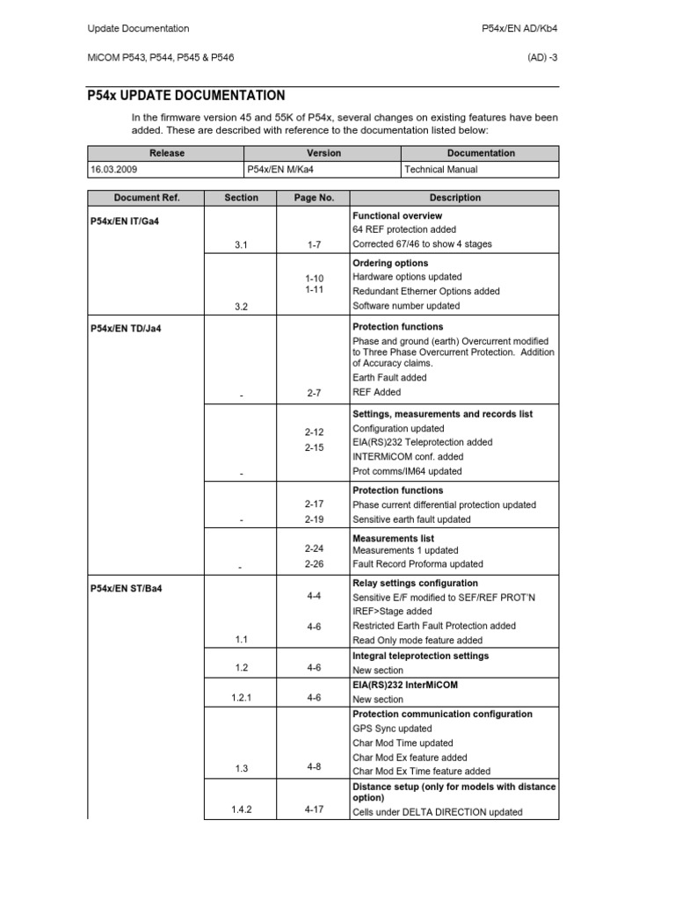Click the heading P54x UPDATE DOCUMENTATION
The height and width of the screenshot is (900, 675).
pos(186,96)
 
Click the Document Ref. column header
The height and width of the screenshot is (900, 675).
pos(145,198)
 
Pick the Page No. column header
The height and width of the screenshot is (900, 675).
pos(314,198)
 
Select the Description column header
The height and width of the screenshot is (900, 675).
pos(454,198)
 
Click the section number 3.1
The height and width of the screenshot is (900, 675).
pos(242,244)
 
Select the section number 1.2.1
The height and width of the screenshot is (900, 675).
pos(242,699)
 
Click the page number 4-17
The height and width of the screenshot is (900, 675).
pos(314,809)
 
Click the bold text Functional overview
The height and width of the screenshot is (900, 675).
pos(396,215)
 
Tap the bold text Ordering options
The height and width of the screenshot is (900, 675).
pos(390,263)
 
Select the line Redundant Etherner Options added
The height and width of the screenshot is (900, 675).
pos(425,291)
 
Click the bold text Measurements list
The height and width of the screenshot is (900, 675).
pos(393,538)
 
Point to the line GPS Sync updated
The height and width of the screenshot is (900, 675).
pos(392,729)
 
